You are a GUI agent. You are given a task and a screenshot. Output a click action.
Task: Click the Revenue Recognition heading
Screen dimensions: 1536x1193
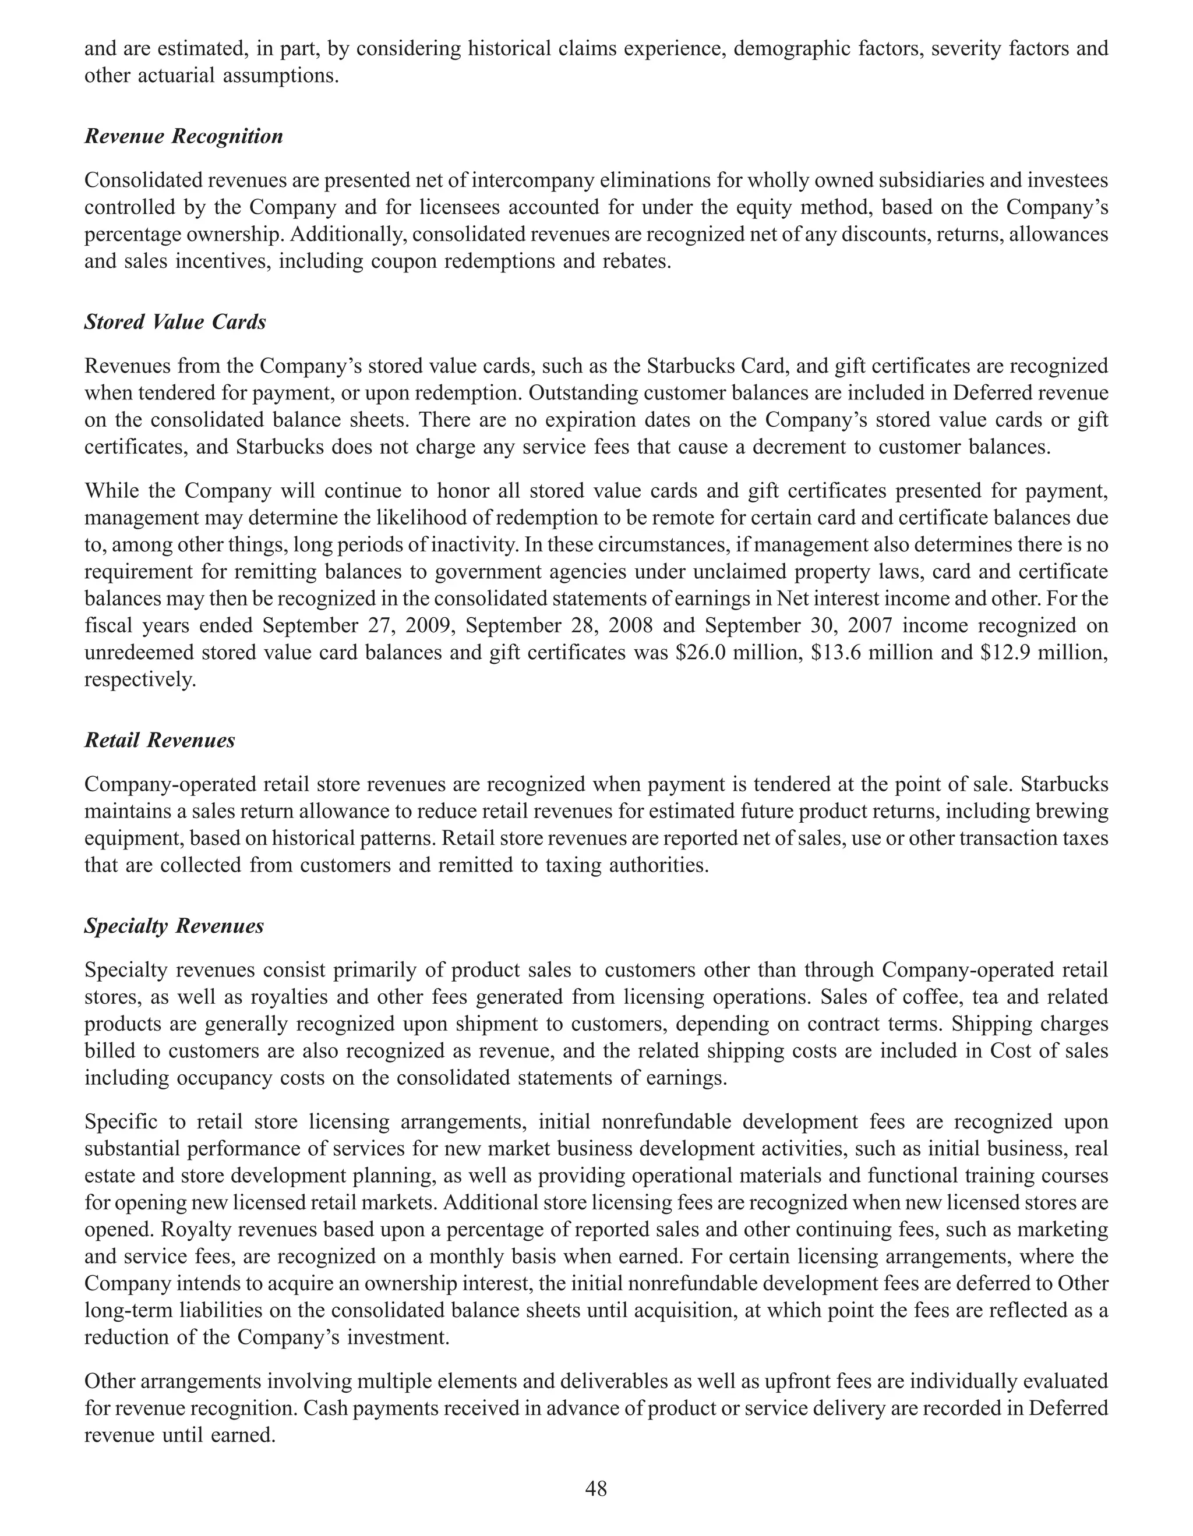coord(183,136)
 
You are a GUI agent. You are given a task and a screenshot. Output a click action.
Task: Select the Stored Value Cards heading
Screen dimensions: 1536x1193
coord(175,322)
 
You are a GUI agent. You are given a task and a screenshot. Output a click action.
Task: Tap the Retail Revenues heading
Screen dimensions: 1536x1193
coord(160,740)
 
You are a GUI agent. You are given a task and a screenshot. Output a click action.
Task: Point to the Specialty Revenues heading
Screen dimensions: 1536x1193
coord(174,926)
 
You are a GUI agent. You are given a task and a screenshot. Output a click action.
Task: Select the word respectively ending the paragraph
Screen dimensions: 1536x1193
coord(139,680)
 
